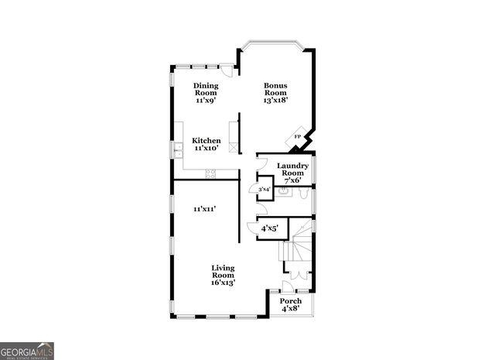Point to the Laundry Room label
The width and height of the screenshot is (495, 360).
point(292,170)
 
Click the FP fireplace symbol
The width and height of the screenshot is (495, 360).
point(298,138)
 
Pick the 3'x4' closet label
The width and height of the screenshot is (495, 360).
point(264,189)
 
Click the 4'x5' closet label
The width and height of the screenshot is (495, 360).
point(270,228)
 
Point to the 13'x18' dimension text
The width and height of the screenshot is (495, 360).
point(275,100)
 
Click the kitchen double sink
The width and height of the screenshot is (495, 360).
point(177,147)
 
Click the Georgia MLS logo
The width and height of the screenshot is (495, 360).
point(27,351)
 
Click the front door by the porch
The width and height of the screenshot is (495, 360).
point(288,286)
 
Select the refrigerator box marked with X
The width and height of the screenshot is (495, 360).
point(233,127)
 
